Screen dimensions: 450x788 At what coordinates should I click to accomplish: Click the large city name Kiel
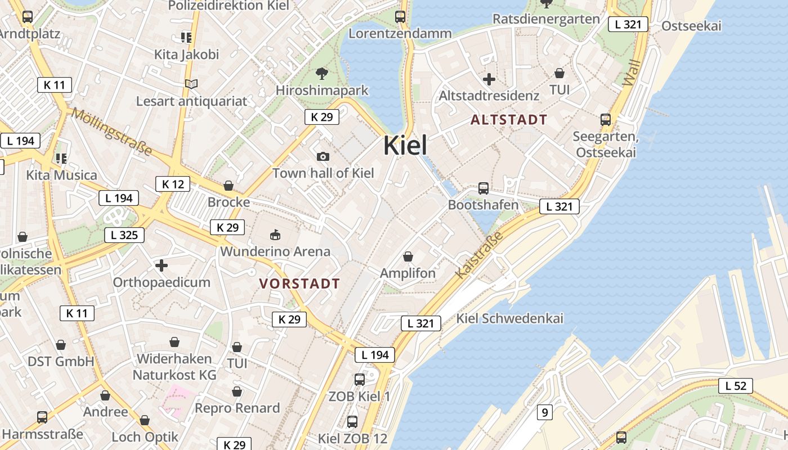tap(405, 146)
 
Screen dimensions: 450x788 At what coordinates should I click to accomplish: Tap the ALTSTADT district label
tap(509, 120)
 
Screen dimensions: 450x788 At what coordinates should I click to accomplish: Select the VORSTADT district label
tap(299, 284)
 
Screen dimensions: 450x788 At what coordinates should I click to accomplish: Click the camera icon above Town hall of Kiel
tap(323, 156)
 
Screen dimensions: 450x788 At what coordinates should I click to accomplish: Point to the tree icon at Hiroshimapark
tap(322, 73)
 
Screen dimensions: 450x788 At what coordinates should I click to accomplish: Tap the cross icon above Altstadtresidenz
tap(489, 79)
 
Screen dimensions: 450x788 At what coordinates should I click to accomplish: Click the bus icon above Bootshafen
tap(483, 188)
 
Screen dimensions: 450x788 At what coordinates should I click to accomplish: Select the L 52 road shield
tap(736, 386)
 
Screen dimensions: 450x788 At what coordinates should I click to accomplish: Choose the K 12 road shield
tap(173, 184)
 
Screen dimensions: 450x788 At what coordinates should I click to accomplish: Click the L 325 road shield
tap(124, 235)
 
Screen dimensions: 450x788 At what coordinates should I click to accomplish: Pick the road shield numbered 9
tap(544, 412)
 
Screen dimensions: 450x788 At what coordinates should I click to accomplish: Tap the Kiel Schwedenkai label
tap(509, 318)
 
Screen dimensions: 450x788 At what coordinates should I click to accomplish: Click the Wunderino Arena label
tap(275, 251)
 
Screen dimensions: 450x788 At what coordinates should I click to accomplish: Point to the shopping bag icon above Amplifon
tap(408, 257)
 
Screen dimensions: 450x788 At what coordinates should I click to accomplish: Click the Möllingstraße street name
tap(111, 131)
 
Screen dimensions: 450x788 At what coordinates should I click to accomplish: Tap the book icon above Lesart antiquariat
tap(191, 84)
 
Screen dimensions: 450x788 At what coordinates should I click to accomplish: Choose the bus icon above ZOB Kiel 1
tap(360, 380)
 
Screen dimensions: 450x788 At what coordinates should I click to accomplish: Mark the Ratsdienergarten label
tap(546, 19)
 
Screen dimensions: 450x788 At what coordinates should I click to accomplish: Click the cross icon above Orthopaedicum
tap(162, 265)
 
